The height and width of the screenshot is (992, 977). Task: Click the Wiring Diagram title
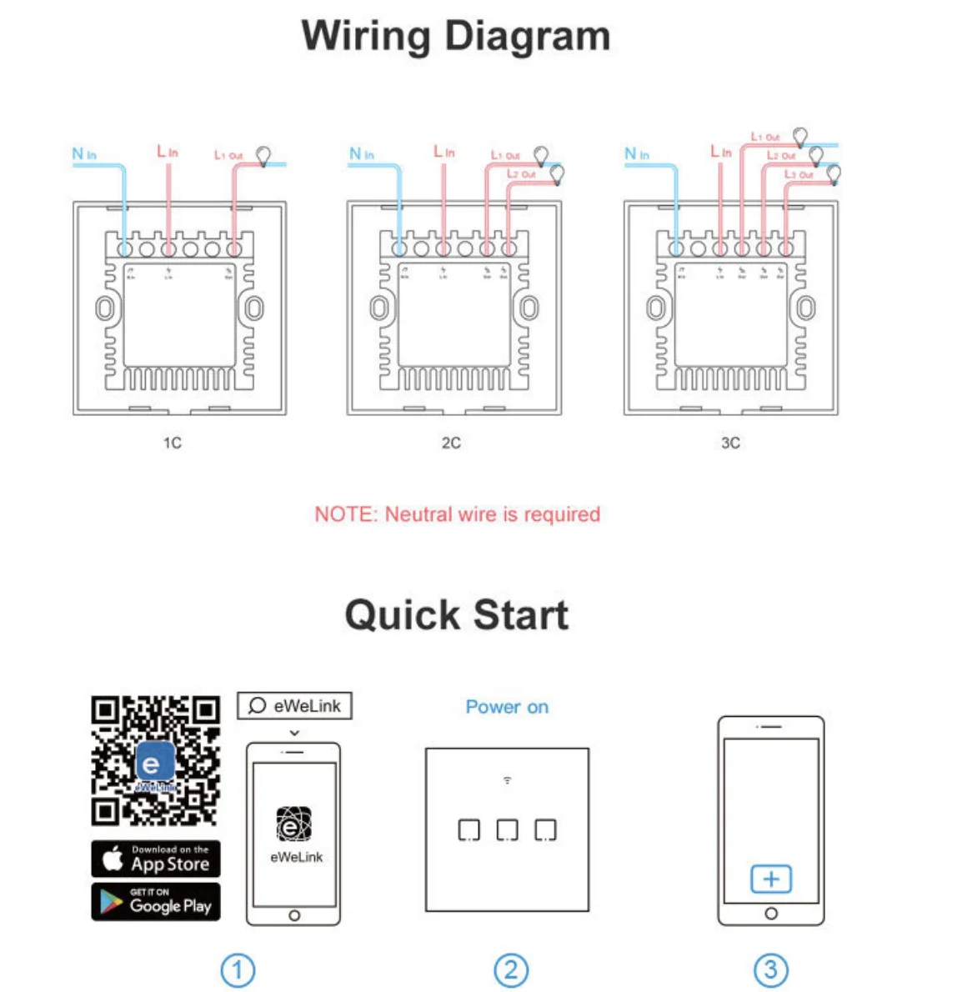click(455, 37)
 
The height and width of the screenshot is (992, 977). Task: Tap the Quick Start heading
click(456, 615)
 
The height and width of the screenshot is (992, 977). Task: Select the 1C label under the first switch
click(172, 443)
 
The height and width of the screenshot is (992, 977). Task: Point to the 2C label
click(451, 443)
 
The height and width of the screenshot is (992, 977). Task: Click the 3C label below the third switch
click(730, 443)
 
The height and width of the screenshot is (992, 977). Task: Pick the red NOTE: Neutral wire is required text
click(457, 514)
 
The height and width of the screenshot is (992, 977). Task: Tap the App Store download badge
click(156, 859)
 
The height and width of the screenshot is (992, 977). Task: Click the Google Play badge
click(156, 902)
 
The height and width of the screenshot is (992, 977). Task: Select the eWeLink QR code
click(156, 760)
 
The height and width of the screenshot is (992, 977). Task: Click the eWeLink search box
click(295, 705)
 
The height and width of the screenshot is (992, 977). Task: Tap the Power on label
click(507, 707)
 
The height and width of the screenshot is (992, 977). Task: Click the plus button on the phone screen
click(771, 879)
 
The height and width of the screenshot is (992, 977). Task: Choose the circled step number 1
click(238, 969)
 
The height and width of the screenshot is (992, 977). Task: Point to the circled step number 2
click(511, 969)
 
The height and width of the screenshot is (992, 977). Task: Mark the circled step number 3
click(771, 969)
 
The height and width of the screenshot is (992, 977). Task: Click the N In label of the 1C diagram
click(84, 154)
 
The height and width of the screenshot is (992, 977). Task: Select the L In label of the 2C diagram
click(444, 152)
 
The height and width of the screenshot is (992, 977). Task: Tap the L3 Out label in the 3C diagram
click(799, 174)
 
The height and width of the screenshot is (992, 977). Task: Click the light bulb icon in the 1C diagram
click(263, 156)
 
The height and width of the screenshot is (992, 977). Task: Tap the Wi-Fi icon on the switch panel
click(507, 780)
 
